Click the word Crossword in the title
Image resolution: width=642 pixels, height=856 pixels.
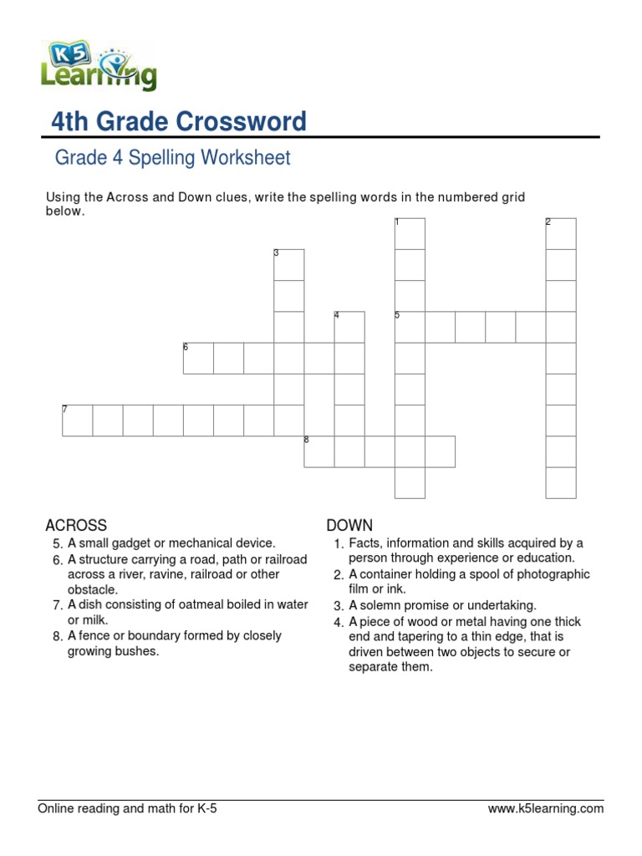coord(241,122)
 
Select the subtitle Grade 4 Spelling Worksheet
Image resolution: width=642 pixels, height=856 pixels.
coord(172,157)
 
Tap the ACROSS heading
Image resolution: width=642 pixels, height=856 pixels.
coord(76,525)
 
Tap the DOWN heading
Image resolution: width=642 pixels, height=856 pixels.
coord(349,525)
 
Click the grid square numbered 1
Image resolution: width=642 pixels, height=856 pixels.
coord(410,234)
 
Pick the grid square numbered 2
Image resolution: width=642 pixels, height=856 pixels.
coord(561,234)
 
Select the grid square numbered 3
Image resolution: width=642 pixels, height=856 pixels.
coord(289,265)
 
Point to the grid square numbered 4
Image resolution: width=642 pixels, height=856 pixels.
coord(349,327)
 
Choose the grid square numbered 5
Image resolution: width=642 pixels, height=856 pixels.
coord(410,327)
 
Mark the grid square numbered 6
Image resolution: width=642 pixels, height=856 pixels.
coord(198,358)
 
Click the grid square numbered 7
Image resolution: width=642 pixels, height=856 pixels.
coord(77,420)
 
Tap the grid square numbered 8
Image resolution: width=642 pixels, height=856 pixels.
coord(318,451)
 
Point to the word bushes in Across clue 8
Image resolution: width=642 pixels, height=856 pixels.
coord(138,651)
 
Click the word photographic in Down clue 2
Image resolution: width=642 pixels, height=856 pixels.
coord(557,574)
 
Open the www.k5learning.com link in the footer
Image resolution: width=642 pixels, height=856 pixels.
coord(545,808)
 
